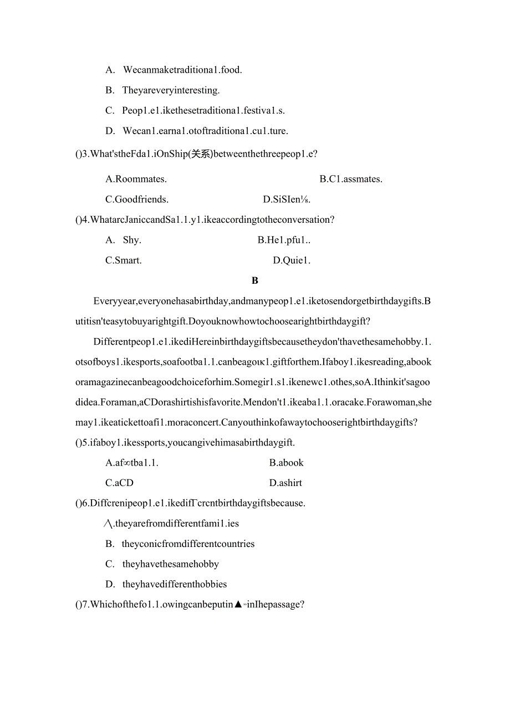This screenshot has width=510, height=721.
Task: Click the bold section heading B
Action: point(254,281)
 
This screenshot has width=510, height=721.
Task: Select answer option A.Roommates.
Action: point(136,179)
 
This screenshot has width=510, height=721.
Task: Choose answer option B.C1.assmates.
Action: point(351,179)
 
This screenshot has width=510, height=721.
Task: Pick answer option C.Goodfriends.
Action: point(137,200)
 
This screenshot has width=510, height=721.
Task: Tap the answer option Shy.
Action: point(132,240)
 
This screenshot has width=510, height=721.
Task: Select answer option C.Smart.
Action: point(124,260)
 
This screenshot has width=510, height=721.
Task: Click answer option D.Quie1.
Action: point(292,260)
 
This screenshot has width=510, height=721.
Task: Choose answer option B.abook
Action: point(287,463)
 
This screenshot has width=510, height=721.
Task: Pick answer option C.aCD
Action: point(119,483)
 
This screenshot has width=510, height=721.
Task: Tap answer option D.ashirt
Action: point(285,483)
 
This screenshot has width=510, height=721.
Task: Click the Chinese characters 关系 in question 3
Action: point(200,154)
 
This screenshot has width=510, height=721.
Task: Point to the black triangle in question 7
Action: point(238,605)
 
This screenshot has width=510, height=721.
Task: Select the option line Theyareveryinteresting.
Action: point(171,90)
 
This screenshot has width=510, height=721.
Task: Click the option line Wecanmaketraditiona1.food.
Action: point(182,70)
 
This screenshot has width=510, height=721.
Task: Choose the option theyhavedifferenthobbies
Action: point(175,584)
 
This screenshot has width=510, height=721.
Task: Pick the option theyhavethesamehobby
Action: point(171,564)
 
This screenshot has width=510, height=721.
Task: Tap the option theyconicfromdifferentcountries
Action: point(188,544)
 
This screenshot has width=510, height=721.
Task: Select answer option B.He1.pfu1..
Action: point(284,240)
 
